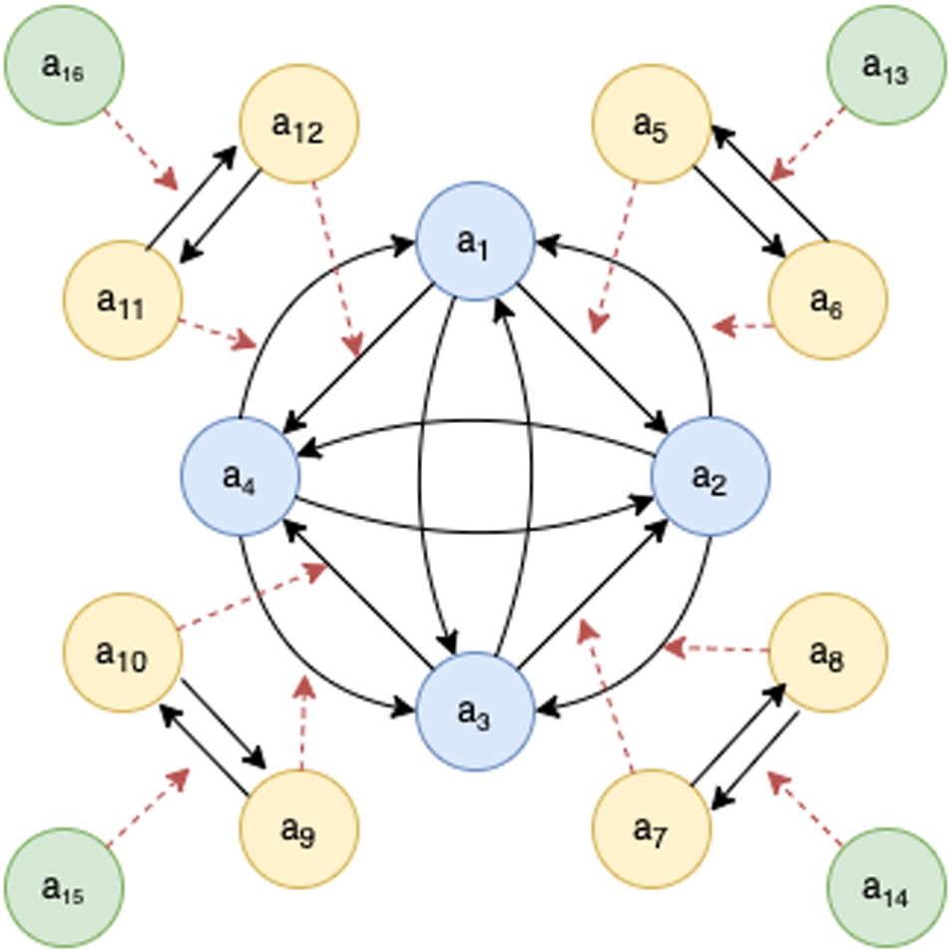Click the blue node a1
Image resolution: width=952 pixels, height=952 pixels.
475,241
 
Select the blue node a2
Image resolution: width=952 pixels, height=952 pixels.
711,477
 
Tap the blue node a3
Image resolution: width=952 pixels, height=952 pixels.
475,712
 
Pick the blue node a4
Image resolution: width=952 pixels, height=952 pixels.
240,477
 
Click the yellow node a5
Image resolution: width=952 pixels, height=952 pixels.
652,124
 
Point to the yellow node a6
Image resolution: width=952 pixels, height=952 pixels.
828,300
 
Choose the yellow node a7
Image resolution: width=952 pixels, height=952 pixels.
652,829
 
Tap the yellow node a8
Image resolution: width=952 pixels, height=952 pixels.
828,653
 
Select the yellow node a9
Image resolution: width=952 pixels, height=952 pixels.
299,829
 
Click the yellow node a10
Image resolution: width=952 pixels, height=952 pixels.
123,653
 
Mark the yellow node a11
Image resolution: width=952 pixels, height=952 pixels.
123,300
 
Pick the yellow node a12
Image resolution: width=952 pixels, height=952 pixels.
299,124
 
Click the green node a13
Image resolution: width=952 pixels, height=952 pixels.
887,65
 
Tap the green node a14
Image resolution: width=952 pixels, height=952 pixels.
887,888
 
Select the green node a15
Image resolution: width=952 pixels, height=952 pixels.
64,888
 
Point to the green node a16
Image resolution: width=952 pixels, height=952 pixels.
64,65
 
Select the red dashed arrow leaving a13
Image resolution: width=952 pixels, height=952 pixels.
807,145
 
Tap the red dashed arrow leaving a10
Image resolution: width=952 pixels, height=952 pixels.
252,596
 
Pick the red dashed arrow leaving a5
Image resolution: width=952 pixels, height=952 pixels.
615,257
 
